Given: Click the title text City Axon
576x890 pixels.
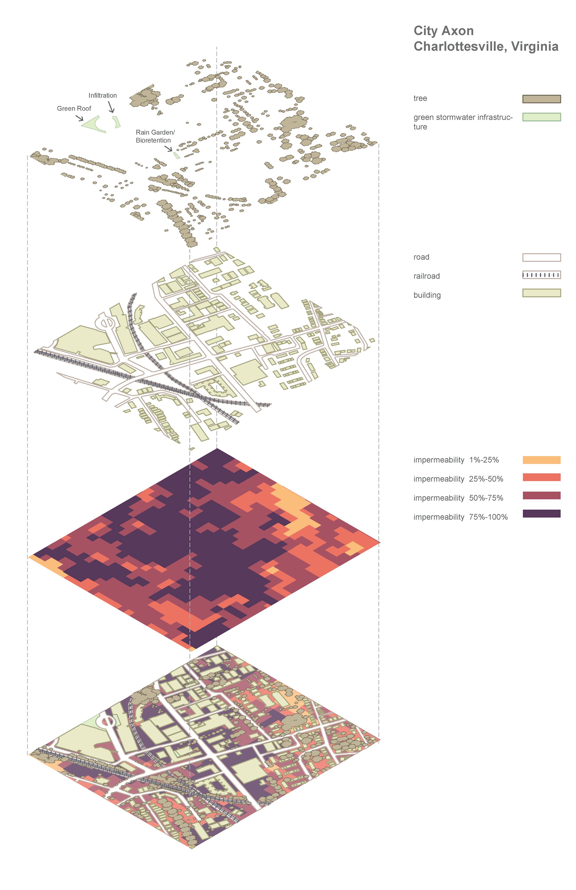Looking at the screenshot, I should tap(443, 31).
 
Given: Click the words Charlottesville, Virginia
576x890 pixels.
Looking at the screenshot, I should tap(486, 46).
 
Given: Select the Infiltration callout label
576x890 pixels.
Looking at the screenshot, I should tap(103, 95).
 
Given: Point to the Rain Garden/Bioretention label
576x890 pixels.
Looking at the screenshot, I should tap(155, 136).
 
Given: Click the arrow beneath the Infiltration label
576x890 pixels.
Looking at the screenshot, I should tap(111, 107).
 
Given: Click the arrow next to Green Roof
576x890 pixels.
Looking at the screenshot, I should tap(80, 118).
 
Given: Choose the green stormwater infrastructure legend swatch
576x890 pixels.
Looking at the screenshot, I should tap(541, 117).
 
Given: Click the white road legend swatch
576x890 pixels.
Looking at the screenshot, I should tap(541, 257).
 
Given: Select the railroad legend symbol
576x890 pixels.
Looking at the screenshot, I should tap(541, 275).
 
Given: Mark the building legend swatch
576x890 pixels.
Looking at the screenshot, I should tap(541, 293).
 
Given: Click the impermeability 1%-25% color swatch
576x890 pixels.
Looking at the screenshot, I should tap(541, 460).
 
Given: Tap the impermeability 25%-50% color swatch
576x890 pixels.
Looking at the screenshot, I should tap(541, 477).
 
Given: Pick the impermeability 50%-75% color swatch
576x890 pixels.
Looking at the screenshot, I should tap(541, 495).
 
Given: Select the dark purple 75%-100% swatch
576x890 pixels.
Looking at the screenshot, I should tap(541, 513).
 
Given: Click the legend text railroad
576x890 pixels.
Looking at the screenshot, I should tap(426, 276).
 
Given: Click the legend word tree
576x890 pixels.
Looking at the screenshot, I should tap(420, 98).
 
